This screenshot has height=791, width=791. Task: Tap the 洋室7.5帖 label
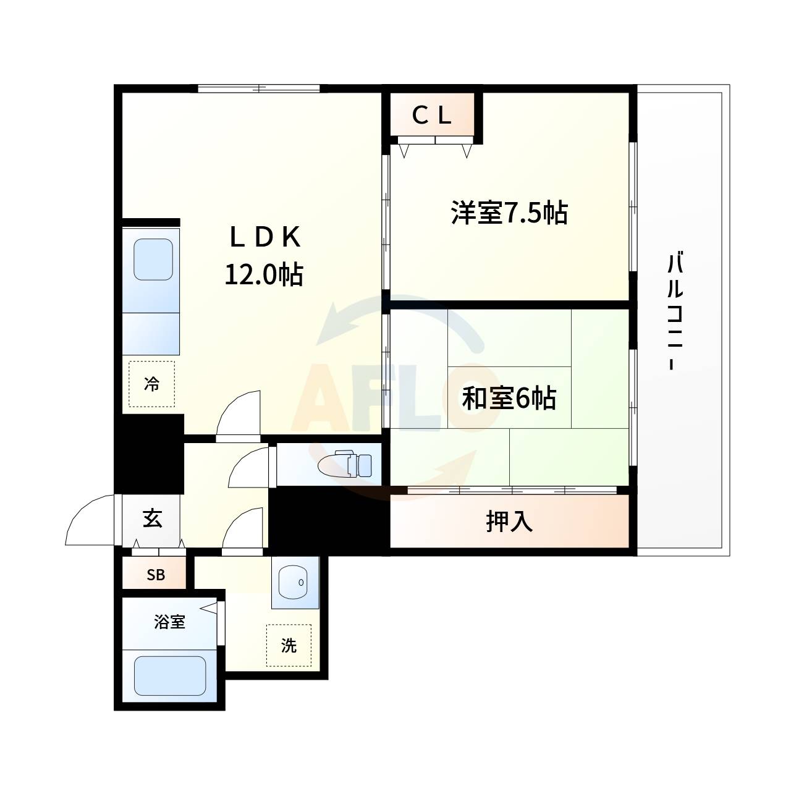click(509, 213)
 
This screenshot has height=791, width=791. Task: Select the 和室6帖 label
click(509, 399)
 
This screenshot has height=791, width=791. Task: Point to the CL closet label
click(433, 116)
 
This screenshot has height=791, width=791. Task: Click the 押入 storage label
click(509, 522)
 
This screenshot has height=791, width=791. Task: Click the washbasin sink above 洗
click(295, 583)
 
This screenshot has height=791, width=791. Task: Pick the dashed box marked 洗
click(289, 645)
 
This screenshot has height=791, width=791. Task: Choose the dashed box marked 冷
click(151, 384)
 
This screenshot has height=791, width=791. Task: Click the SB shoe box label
click(156, 575)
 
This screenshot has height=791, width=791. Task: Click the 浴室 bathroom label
click(169, 622)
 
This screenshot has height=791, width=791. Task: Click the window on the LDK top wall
click(259, 88)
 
